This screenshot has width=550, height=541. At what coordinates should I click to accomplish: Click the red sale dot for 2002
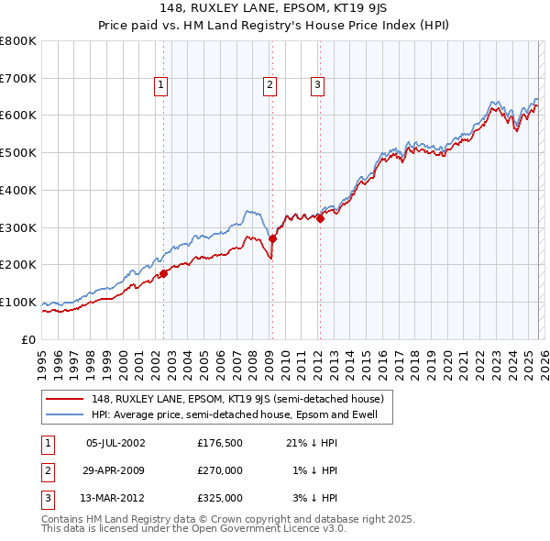(x=163, y=273)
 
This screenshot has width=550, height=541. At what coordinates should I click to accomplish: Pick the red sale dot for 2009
(x=272, y=238)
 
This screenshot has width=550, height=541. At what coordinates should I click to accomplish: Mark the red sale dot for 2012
(x=320, y=218)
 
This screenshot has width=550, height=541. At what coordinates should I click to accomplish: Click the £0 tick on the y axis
(x=29, y=339)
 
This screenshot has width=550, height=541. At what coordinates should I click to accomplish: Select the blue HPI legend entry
(x=238, y=414)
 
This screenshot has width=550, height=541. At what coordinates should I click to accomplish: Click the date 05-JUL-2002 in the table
(x=115, y=444)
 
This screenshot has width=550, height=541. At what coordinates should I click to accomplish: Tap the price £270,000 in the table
(x=220, y=470)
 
